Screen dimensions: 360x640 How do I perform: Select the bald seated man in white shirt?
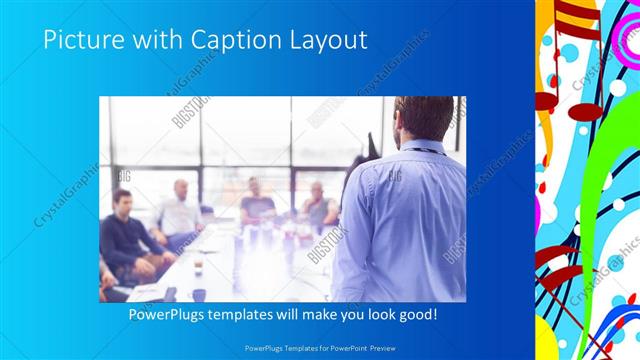point(181,210)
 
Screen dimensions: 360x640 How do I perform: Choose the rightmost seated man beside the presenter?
point(319,205)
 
